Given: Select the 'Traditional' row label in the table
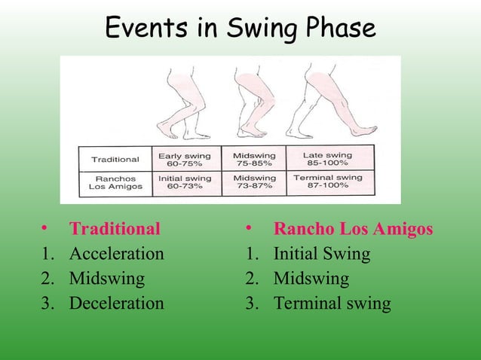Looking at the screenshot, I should [x=115, y=160].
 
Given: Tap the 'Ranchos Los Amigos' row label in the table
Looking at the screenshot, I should [x=115, y=182].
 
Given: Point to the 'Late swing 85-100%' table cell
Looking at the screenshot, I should [x=332, y=160].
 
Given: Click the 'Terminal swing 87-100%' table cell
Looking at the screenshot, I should [x=332, y=182].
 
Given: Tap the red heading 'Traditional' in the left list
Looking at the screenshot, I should [x=115, y=228].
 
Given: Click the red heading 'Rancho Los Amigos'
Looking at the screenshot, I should [x=353, y=228].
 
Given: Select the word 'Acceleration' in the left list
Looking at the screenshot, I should [x=116, y=254].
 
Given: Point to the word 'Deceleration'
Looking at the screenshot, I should [x=116, y=304].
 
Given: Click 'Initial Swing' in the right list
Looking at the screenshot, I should [x=321, y=254].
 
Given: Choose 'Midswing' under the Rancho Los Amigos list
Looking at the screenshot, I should [x=311, y=279].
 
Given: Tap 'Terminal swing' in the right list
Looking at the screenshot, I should [x=332, y=304].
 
